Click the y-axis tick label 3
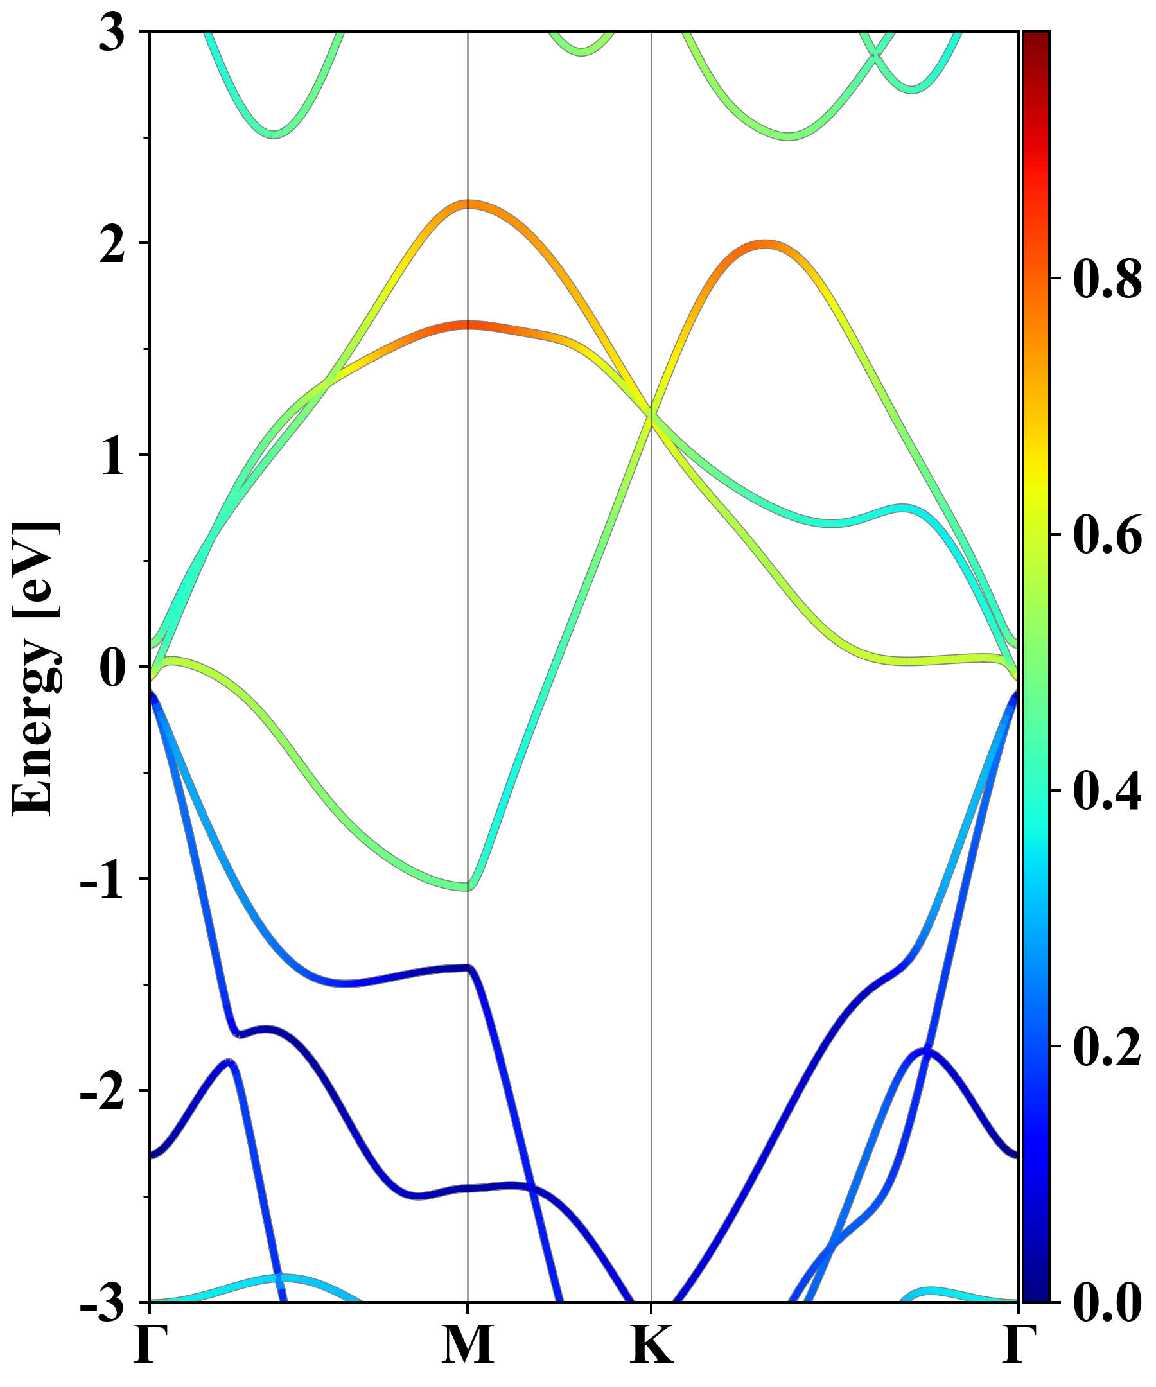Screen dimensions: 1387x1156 click(112, 33)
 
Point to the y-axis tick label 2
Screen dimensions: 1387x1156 click(112, 245)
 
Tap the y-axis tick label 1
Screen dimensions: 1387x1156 click(112, 457)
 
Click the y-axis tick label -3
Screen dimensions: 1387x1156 click(102, 1303)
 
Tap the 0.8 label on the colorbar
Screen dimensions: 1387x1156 click(1107, 279)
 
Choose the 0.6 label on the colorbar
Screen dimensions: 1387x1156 click(1107, 534)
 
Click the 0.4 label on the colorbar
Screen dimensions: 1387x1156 click(1107, 790)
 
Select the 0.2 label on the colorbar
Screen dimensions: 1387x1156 click(1107, 1047)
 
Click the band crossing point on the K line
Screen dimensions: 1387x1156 click(652, 416)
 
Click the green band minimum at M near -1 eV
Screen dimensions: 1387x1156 click(467, 885)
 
